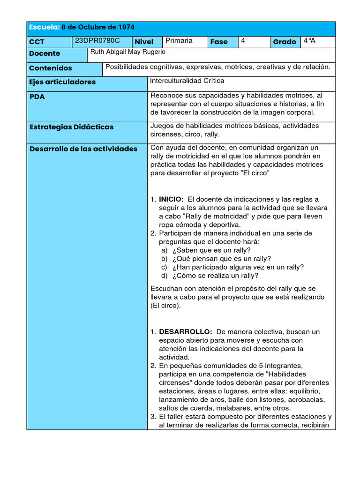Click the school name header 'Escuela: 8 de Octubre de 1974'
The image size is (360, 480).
(x=82, y=28)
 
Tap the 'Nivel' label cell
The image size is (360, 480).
(x=144, y=42)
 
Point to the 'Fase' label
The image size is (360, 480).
(x=219, y=42)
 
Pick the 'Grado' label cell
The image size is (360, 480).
(x=285, y=42)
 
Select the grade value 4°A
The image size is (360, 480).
(x=309, y=41)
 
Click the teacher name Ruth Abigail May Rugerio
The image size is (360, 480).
(x=128, y=52)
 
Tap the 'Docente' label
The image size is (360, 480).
(x=45, y=53)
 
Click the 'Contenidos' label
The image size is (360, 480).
(x=51, y=68)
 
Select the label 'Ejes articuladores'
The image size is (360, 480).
(x=62, y=82)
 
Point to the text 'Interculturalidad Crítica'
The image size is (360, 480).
(x=187, y=81)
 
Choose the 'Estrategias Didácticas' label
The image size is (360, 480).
(x=71, y=127)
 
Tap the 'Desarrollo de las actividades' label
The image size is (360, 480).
(x=83, y=149)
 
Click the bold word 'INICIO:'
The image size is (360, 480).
(x=171, y=199)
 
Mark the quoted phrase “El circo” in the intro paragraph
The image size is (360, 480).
(x=255, y=173)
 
